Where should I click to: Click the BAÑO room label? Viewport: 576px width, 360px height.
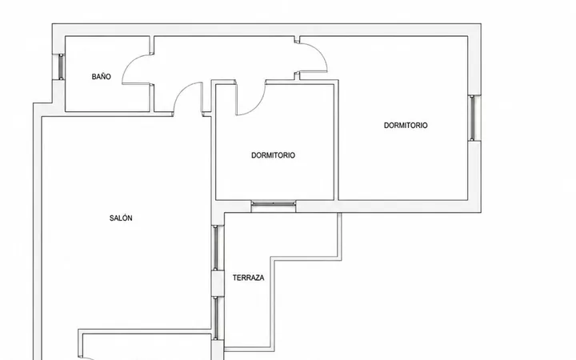[x=101, y=77]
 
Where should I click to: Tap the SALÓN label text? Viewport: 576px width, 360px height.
[x=121, y=218]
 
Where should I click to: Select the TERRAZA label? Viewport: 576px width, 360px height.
[x=248, y=278]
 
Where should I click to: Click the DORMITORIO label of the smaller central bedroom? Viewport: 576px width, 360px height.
[x=273, y=155]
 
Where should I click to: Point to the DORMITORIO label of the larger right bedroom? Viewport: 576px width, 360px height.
[x=406, y=126]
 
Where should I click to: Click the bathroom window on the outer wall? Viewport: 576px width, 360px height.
[x=61, y=66]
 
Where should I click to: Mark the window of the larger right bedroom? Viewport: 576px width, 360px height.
[x=473, y=118]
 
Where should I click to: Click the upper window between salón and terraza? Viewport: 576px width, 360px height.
[x=216, y=248]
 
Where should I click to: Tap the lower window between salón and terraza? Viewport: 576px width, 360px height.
[x=216, y=318]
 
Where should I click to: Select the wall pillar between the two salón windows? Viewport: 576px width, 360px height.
[x=218, y=283]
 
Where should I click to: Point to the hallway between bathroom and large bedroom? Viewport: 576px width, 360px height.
[x=224, y=58]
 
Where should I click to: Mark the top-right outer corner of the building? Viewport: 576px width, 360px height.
[x=481, y=24]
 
